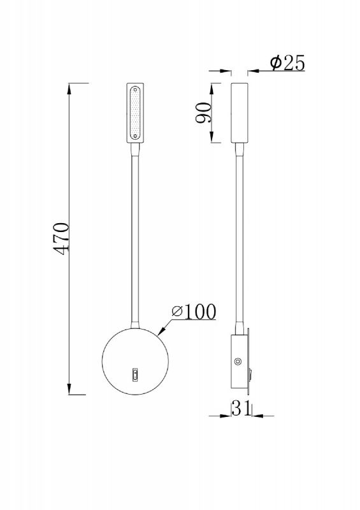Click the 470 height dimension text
61,238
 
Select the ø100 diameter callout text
194,312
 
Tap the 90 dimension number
203,113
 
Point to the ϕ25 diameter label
287,62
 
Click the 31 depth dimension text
241,408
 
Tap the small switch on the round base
135,375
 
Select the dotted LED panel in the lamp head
135,113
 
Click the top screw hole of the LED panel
135,89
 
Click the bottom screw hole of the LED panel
135,136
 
